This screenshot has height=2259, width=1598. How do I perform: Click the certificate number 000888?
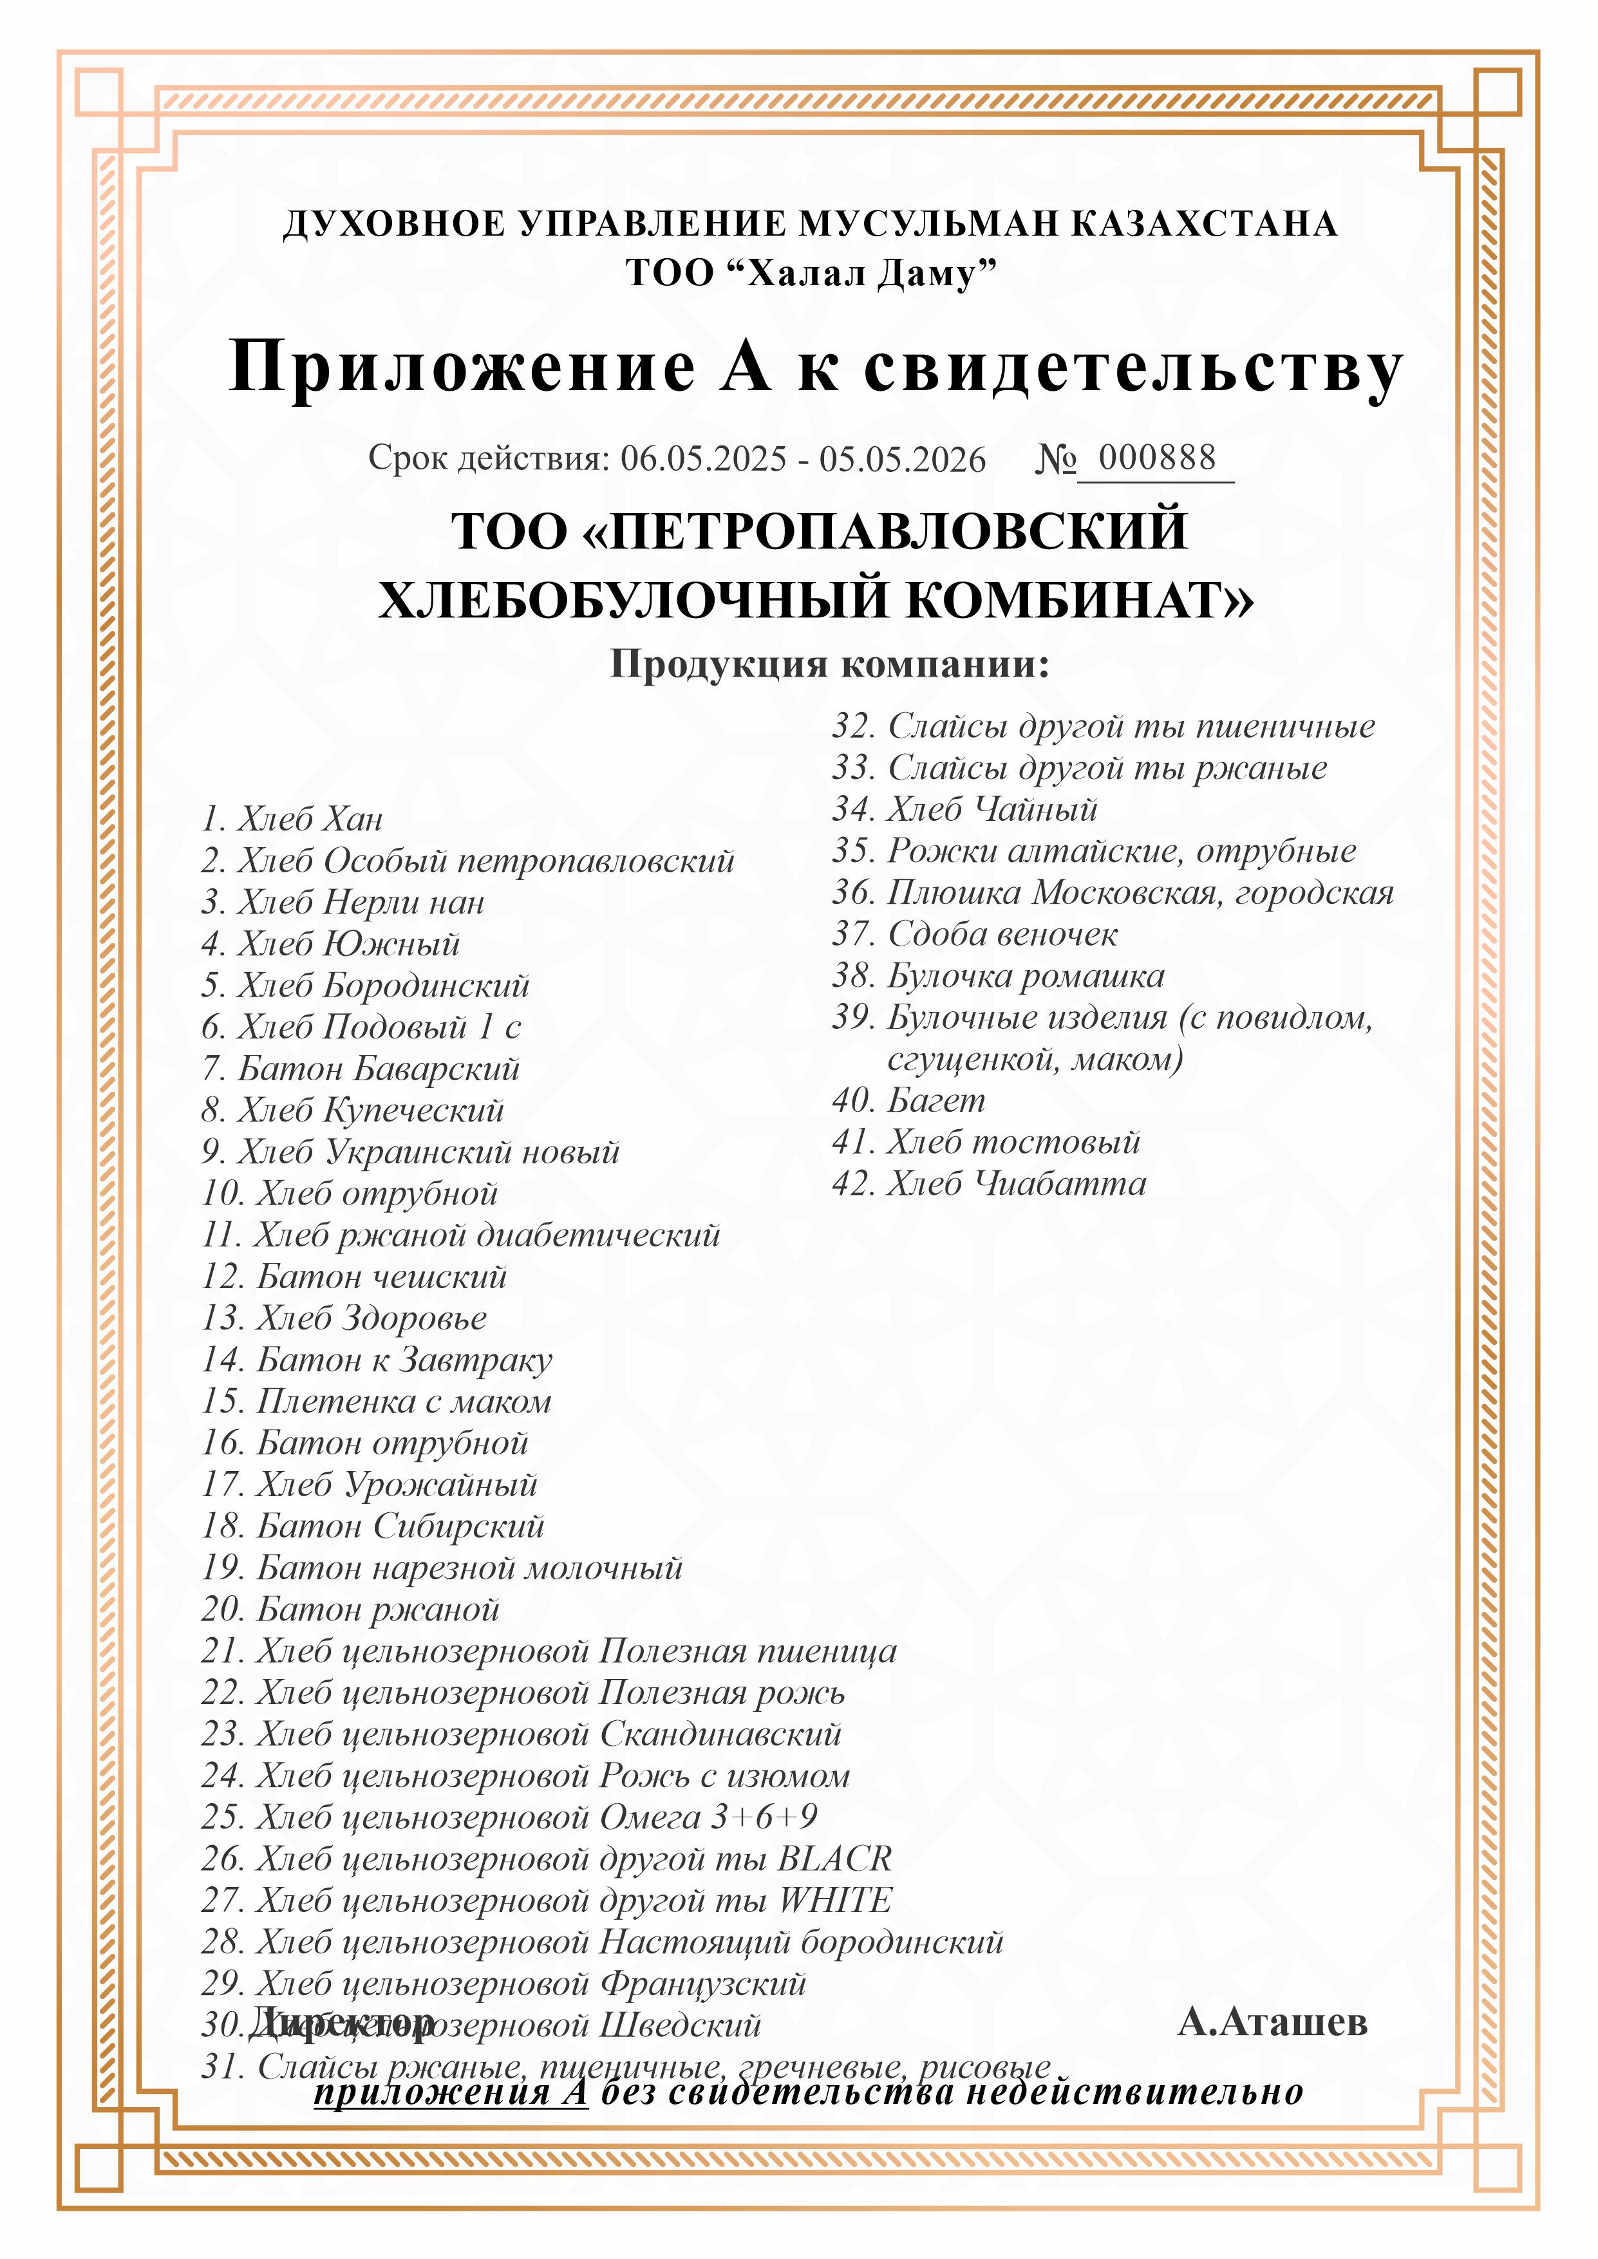1156,458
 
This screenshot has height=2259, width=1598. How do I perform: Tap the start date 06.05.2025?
704,460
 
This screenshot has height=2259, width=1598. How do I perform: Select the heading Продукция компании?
829,664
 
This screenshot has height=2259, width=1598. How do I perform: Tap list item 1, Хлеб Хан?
292,819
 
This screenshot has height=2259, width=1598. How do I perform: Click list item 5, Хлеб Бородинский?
365,985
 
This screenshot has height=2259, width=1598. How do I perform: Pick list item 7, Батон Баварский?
360,1069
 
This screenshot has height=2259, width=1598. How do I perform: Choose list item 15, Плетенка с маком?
376,1401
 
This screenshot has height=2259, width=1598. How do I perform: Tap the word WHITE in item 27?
836,1900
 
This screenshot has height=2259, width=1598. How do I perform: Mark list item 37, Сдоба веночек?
974,933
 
